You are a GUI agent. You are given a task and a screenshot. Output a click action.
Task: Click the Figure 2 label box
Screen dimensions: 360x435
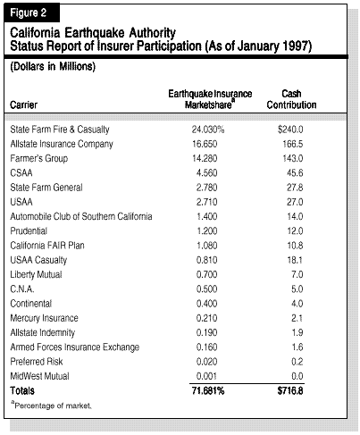[31, 13]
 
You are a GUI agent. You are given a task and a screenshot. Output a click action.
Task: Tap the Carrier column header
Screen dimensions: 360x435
[24, 105]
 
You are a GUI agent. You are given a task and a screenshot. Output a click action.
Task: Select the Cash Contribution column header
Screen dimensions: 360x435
[291, 99]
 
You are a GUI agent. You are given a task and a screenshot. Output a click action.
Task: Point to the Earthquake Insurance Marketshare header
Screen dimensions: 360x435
[210, 99]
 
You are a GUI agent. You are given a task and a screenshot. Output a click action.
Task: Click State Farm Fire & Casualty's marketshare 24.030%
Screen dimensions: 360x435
[208, 130]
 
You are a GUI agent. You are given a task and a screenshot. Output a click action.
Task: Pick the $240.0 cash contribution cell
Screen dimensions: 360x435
[290, 130]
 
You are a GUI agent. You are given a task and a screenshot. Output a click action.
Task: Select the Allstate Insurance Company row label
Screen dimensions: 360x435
[62, 144]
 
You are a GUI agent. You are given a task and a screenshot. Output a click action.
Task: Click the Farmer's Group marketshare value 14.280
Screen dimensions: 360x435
[205, 158]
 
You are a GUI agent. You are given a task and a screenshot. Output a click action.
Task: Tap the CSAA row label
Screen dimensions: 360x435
[21, 173]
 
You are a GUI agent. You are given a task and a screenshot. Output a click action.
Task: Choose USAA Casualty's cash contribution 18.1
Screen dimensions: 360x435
[295, 260]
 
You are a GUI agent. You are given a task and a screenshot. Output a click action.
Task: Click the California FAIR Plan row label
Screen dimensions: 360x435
[47, 246]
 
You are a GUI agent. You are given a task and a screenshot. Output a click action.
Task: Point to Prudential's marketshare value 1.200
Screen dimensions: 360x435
[207, 231]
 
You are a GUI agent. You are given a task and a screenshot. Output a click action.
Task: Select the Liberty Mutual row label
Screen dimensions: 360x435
[36, 274]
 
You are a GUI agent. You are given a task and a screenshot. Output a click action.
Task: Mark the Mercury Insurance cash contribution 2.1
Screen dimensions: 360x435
[297, 318]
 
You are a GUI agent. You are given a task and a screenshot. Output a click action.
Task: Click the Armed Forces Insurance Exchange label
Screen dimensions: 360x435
[75, 347]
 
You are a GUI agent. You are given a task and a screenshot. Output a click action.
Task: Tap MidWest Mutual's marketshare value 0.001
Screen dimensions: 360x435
[206, 376]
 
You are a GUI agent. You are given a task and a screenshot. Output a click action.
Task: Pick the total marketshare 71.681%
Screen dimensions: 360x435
[208, 391]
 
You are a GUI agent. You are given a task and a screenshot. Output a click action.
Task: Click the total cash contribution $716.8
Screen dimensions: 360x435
[290, 391]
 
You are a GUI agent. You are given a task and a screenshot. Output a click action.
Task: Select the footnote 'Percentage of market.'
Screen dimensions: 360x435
[52, 406]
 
